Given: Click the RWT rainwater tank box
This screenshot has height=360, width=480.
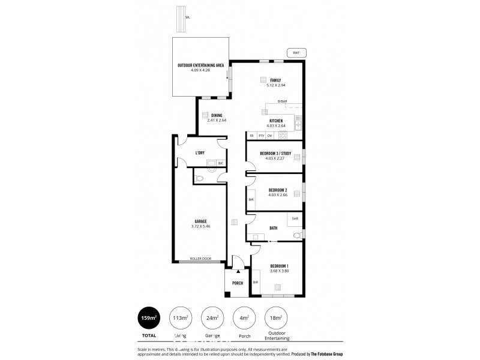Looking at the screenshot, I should click(296, 52).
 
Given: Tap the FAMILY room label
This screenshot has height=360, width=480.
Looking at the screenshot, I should click(275, 80).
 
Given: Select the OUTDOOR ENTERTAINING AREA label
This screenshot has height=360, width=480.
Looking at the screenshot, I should click(200, 65).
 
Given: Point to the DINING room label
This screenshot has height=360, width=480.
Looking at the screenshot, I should click(217, 115).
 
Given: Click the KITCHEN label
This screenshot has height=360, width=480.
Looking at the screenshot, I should click(276, 121).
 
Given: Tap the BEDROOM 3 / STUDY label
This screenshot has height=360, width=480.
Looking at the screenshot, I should click(275, 154).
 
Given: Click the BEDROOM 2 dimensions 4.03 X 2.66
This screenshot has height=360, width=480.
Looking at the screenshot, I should click(275, 194).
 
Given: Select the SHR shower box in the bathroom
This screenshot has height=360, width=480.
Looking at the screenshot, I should click(295, 219).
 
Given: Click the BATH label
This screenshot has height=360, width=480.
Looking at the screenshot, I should click(274, 228).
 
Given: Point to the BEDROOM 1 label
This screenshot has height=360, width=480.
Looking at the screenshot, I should click(279, 266).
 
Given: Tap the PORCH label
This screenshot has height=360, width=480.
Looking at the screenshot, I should click(237, 283).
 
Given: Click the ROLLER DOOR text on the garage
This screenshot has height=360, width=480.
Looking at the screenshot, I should click(201, 259).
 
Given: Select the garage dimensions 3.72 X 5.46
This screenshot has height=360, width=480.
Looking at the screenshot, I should click(200, 226).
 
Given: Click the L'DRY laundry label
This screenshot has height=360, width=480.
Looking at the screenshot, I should click(200, 153).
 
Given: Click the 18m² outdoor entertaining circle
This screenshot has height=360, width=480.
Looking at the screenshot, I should click(277, 317).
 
